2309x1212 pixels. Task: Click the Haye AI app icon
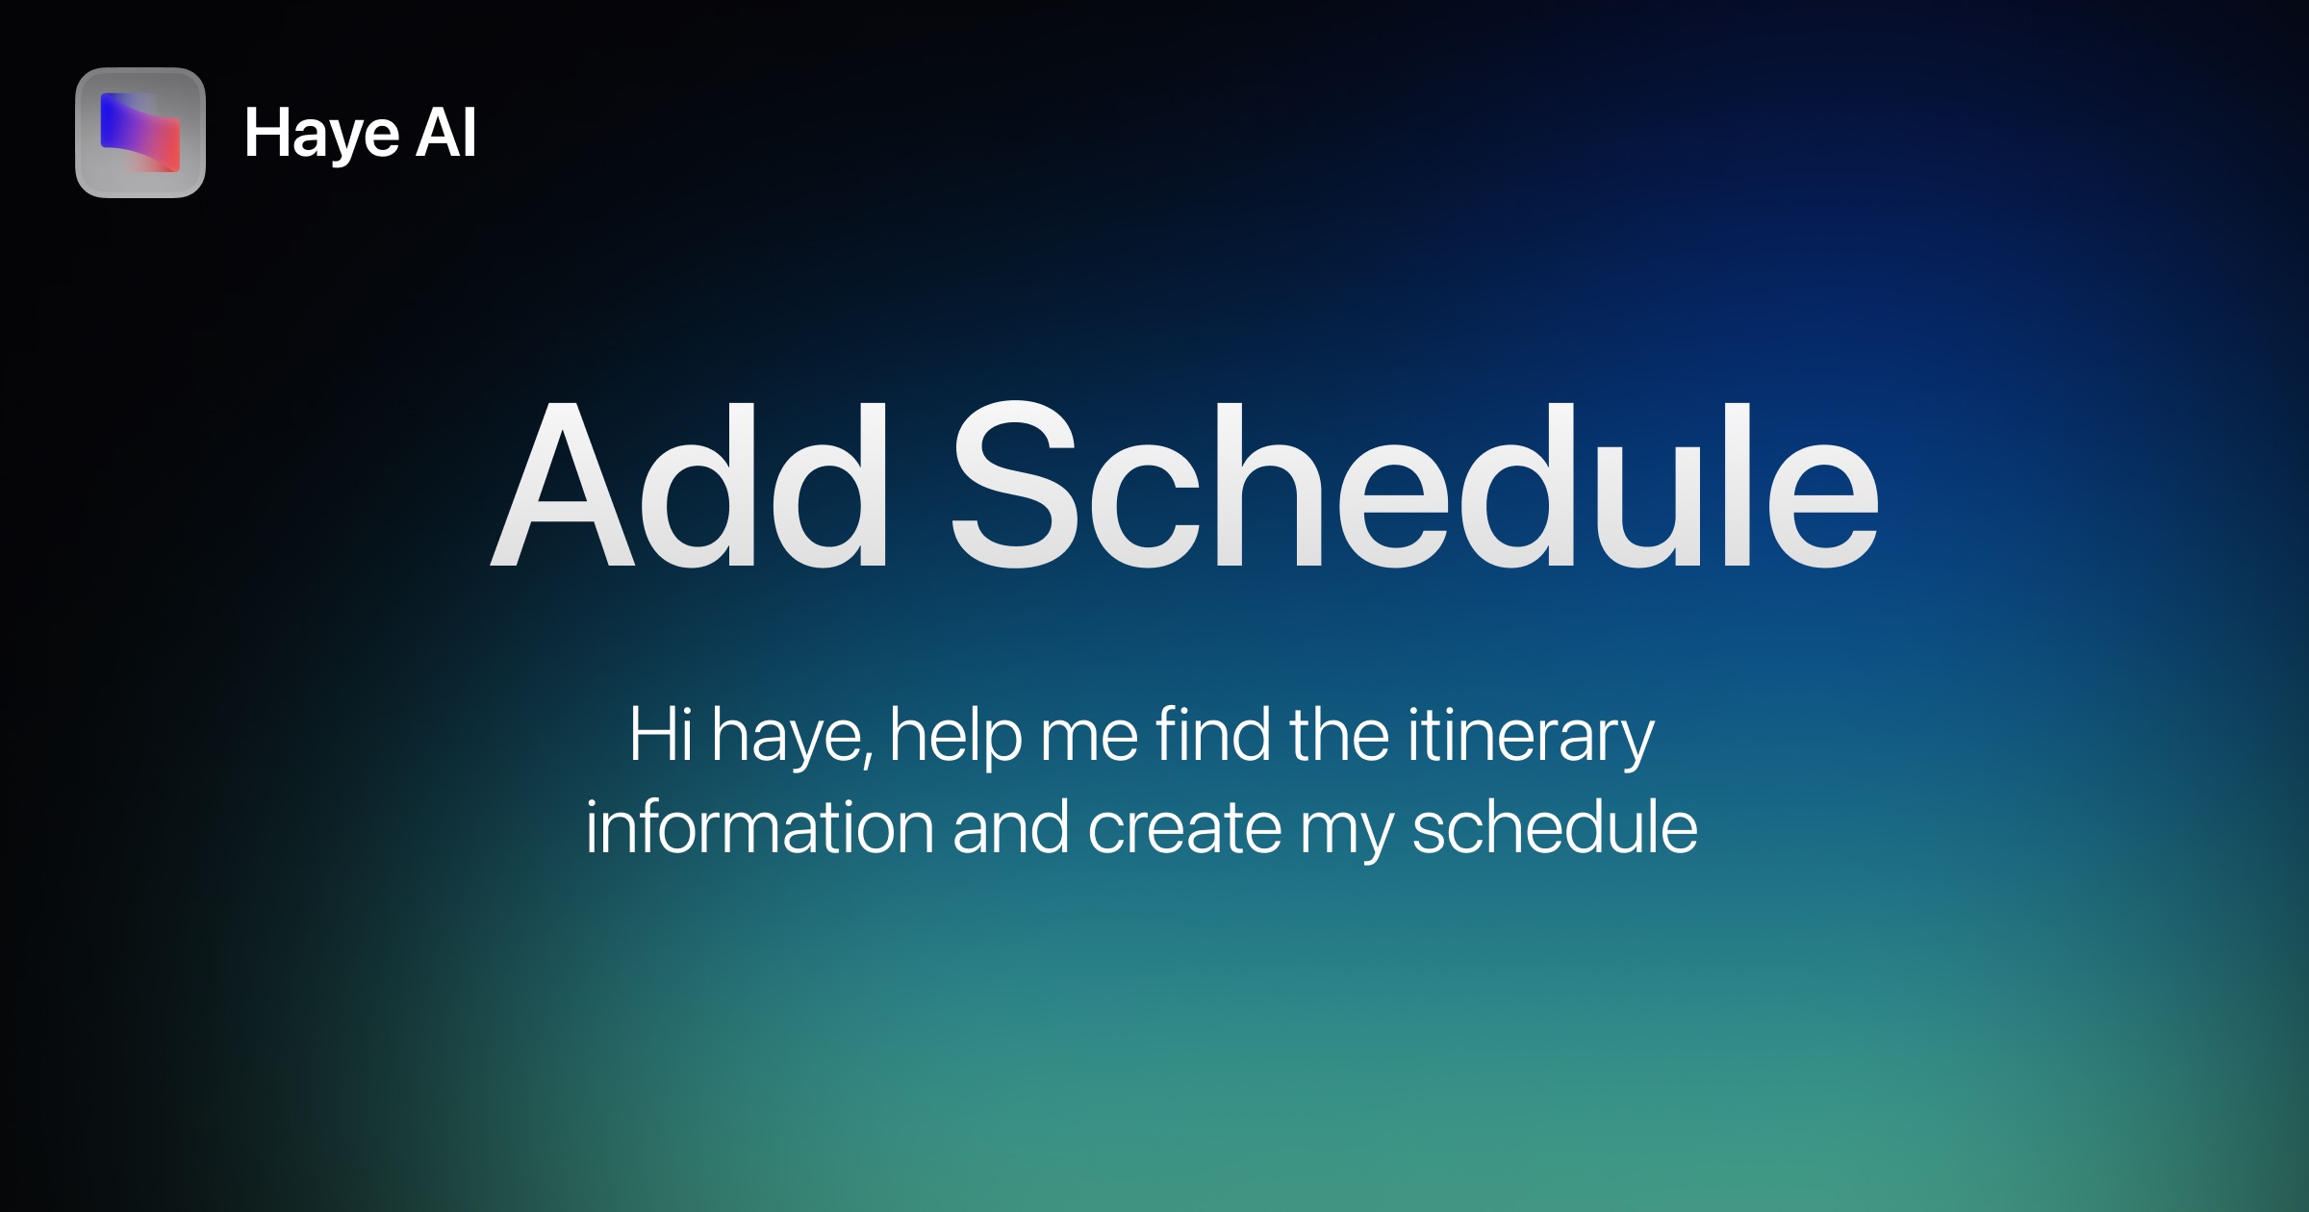point(140,133)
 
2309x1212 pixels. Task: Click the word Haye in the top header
point(321,135)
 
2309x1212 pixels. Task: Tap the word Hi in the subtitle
point(661,735)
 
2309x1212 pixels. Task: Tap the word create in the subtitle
point(1185,829)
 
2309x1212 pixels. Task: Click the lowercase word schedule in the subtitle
point(1555,827)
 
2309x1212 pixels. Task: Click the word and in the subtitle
point(1011,827)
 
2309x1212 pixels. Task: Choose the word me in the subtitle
point(1090,743)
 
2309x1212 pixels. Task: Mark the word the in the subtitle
point(1339,735)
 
